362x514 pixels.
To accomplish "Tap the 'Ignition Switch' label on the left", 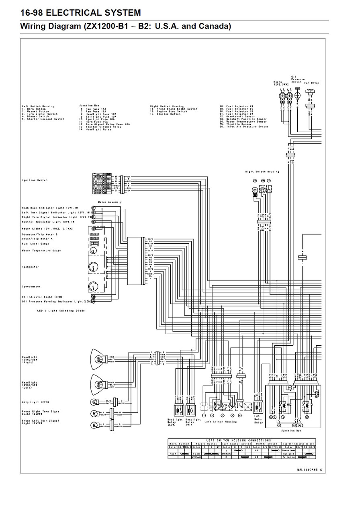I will [35, 180].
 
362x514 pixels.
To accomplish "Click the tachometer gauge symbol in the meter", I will [93, 267].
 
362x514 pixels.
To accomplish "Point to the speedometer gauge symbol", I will [93, 287].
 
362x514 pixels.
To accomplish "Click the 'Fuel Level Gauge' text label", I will [35, 244].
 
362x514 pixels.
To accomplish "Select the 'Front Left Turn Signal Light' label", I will [40, 422].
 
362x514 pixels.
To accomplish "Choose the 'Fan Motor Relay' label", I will [258, 421].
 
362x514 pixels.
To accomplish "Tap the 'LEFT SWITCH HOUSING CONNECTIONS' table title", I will [241, 441].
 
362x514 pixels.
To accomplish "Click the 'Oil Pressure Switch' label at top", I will [297, 79].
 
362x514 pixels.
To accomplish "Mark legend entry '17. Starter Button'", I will [165, 114].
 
